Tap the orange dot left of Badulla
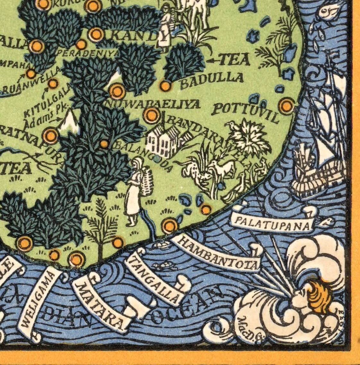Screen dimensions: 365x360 165,86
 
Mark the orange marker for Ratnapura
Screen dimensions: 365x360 50,136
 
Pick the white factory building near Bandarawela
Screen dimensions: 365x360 163,140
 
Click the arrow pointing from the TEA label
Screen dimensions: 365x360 213,60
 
